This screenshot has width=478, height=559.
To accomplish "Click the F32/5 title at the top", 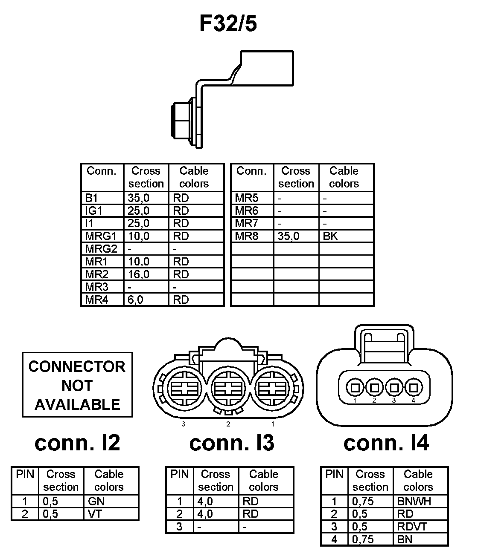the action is [x=228, y=24].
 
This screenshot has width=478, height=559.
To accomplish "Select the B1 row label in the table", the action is [x=92, y=198].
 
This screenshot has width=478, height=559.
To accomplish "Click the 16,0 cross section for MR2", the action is [x=139, y=274].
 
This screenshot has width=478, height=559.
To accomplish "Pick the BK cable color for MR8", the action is [x=330, y=236].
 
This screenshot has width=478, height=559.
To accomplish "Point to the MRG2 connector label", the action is [x=101, y=249].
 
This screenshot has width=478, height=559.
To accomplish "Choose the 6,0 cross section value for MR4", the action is [x=136, y=300].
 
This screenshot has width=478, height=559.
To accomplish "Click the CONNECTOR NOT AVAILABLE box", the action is [x=77, y=385].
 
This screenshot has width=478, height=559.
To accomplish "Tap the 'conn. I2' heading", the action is [x=77, y=443].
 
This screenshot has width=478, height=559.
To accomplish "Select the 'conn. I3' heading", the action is [x=232, y=443].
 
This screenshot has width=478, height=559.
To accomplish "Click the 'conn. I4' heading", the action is [x=386, y=443].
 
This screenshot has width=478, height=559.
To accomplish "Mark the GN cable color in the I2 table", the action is [x=96, y=501].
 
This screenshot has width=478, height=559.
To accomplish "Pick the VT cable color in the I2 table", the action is [x=95, y=514].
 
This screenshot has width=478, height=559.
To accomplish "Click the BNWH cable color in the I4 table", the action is [x=414, y=501].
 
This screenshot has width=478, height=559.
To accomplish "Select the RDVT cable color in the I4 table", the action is [x=412, y=527].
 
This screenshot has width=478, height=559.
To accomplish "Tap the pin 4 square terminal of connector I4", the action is [x=413, y=388].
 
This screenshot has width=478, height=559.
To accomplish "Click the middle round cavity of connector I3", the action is [x=228, y=389].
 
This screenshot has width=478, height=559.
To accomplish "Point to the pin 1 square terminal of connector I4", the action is [x=355, y=388].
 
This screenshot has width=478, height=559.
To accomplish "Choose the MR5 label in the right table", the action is [x=247, y=198].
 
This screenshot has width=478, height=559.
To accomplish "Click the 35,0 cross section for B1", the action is [x=139, y=198].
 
